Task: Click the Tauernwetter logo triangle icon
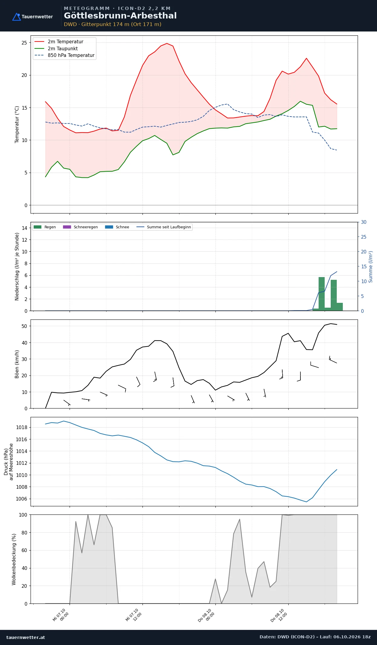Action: pyautogui.click(x=16, y=17)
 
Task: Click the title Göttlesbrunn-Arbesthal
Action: pyautogui.click(x=120, y=16)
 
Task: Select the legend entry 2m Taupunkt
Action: pyautogui.click(x=63, y=48)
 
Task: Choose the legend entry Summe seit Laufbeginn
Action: pyautogui.click(x=169, y=227)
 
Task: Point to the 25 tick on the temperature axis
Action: pyautogui.click(x=24, y=43)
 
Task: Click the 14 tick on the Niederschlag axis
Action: pyautogui.click(x=25, y=228)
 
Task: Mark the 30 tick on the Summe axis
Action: pyautogui.click(x=364, y=222)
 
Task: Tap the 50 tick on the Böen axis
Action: pyautogui.click(x=24, y=326)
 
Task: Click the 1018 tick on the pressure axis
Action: pyautogui.click(x=21, y=427)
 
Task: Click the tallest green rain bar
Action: pyautogui.click(x=322, y=294)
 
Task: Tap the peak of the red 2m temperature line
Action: pyautogui.click(x=167, y=43)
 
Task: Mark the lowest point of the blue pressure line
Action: pyautogui.click(x=307, y=502)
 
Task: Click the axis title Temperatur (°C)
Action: pyautogui.click(x=17, y=124)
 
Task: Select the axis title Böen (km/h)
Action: pyautogui.click(x=17, y=364)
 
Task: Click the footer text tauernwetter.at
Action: pyautogui.click(x=26, y=637)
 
